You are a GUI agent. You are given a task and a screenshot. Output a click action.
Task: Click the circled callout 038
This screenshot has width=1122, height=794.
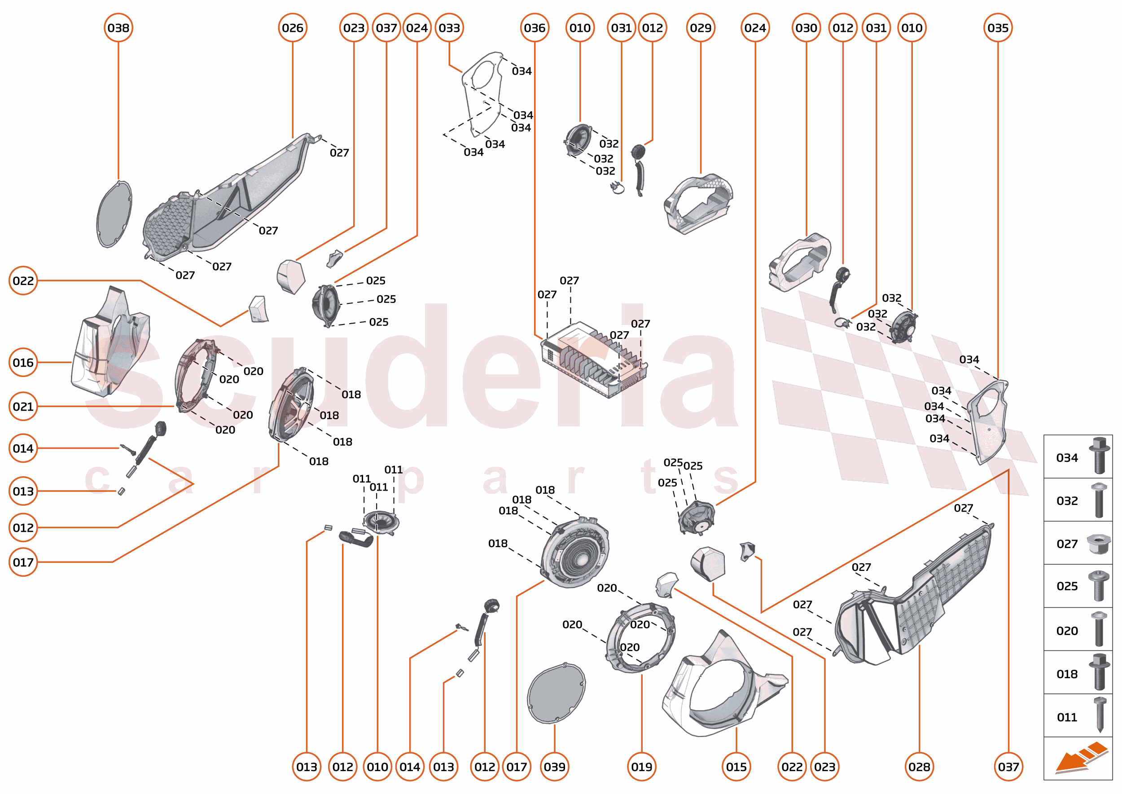pyautogui.click(x=118, y=28)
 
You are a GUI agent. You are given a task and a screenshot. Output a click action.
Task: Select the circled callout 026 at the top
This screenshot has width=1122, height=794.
pyautogui.click(x=292, y=28)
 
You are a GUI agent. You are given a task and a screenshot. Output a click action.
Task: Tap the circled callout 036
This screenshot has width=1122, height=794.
pyautogui.click(x=535, y=28)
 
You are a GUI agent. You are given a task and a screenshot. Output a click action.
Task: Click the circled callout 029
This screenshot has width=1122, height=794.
pyautogui.click(x=701, y=28)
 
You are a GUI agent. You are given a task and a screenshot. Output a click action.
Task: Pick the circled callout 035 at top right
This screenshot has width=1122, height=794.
pyautogui.click(x=998, y=28)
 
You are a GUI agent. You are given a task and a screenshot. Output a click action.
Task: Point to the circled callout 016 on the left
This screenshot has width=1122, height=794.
pyautogui.click(x=23, y=363)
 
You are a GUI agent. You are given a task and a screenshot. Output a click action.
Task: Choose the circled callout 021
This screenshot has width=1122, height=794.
pyautogui.click(x=23, y=407)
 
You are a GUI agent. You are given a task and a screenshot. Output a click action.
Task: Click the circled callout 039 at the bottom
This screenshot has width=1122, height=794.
pyautogui.click(x=554, y=767)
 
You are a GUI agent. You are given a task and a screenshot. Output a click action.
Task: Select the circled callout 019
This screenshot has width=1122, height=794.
pyautogui.click(x=641, y=767)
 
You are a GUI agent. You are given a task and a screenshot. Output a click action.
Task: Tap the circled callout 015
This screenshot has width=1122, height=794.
pyautogui.click(x=736, y=767)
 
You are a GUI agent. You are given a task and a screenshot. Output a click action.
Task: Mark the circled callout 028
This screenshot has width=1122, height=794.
pyautogui.click(x=919, y=767)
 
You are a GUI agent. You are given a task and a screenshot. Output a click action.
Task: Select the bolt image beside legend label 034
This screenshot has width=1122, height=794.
pyautogui.click(x=1099, y=456)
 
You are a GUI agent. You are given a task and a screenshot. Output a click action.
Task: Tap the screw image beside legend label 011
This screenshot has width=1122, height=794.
pyautogui.click(x=1100, y=715)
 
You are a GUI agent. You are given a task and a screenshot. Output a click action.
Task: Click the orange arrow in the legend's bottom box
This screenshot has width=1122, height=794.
pyautogui.click(x=1080, y=758)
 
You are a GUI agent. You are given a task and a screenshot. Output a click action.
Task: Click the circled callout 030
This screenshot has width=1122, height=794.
pyautogui.click(x=806, y=28)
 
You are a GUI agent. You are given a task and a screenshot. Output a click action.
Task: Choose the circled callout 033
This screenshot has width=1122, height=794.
pyautogui.click(x=449, y=28)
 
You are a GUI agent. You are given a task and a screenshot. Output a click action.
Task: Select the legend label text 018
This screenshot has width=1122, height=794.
pyautogui.click(x=1067, y=674)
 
